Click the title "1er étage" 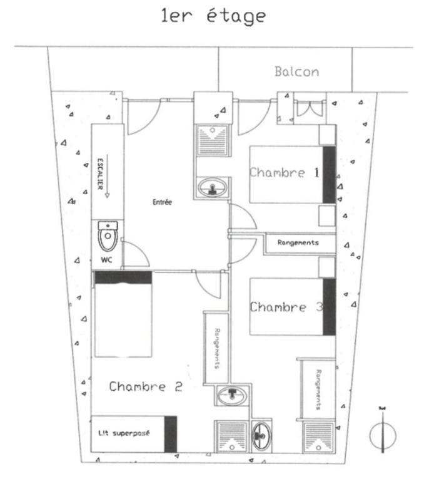click(213, 16)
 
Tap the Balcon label click(297, 72)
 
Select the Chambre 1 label click(285, 173)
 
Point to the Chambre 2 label click(146, 386)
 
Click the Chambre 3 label click(286, 307)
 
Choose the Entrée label click(163, 202)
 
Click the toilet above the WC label click(108, 235)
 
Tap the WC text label click(106, 260)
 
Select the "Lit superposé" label click(124, 433)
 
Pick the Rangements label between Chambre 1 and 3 click(298, 242)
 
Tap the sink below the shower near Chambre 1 click(213, 187)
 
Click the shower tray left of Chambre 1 click(213, 140)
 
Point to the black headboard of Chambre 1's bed click(329, 175)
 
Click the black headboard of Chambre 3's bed click(330, 307)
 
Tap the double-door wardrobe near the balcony click(310, 109)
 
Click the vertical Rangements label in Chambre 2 click(217, 348)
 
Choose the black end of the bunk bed click(171, 434)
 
